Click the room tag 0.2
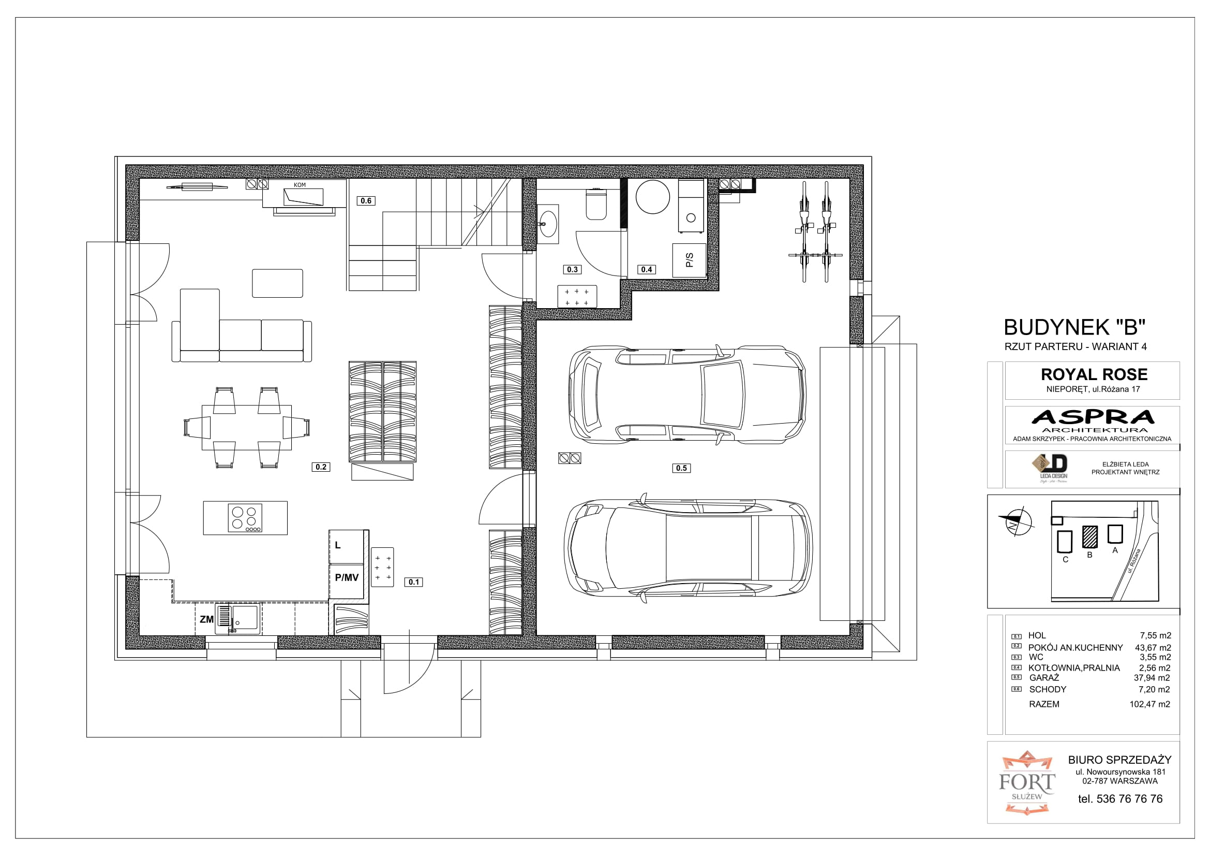pos(321,467)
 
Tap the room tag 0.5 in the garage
pos(681,468)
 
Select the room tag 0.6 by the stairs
pos(366,200)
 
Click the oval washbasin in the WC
pos(547,224)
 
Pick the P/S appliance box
pos(689,260)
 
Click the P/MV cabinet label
pos(347,577)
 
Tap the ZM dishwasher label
pos(206,619)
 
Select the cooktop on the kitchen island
pos(245,517)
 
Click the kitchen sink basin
pos(246,619)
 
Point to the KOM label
pos(300,185)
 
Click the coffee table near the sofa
pos(278,283)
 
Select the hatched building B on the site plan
pos(1090,536)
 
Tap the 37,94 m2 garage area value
pos(1152,678)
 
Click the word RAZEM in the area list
pos(1044,704)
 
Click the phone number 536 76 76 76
pos(1129,799)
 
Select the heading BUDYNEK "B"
pos(1074,327)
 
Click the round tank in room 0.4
pos(652,197)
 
